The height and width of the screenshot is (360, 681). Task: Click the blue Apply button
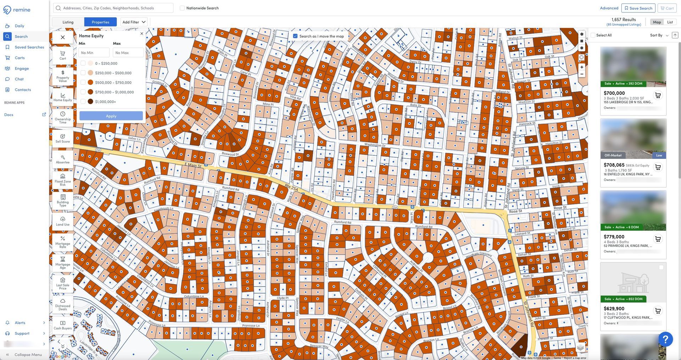pyautogui.click(x=111, y=116)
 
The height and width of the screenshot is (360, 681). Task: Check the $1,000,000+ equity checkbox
pyautogui.click(x=83, y=101)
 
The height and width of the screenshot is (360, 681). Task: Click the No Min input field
pyautogui.click(x=94, y=53)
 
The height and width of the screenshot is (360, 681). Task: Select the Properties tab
pyautogui.click(x=100, y=22)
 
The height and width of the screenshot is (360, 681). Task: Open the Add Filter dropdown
pyautogui.click(x=134, y=22)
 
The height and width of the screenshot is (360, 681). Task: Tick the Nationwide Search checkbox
pyautogui.click(x=182, y=8)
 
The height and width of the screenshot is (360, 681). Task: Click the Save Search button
pyautogui.click(x=638, y=8)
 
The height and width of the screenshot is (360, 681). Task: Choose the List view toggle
pyautogui.click(x=670, y=22)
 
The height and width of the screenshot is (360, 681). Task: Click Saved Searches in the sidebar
pyautogui.click(x=29, y=47)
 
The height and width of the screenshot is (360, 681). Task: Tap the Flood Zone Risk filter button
pyautogui.click(x=63, y=180)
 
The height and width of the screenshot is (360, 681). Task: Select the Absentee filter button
pyautogui.click(x=63, y=159)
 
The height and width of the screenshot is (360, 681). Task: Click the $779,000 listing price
pyautogui.click(x=614, y=237)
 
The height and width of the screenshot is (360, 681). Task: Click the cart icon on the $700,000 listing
pyautogui.click(x=658, y=95)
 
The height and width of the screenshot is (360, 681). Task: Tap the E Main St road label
pyautogui.click(x=193, y=165)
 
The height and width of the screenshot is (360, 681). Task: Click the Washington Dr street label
pyautogui.click(x=375, y=145)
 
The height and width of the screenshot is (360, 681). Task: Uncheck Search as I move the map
pyautogui.click(x=295, y=36)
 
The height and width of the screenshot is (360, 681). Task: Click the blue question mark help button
pyautogui.click(x=665, y=339)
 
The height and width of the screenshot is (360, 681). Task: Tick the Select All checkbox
pyautogui.click(x=593, y=35)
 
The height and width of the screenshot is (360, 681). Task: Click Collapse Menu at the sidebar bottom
pyautogui.click(x=28, y=354)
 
